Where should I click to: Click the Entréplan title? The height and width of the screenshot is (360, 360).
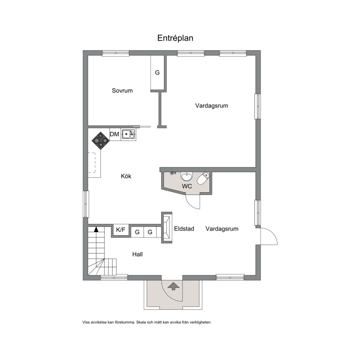click(x=175, y=38)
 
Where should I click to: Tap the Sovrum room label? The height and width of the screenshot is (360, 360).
click(x=122, y=90)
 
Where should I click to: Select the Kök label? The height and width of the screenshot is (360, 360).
click(x=126, y=176)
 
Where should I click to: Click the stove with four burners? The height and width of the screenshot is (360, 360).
click(x=101, y=140)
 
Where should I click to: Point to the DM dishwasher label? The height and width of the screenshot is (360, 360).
click(x=115, y=134)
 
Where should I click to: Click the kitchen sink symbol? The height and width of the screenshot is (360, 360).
click(x=128, y=134)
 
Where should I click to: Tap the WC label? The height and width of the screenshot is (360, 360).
click(x=187, y=186)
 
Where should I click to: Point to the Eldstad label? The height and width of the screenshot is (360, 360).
click(x=184, y=229)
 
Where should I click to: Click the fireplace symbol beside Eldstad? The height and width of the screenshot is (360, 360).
click(x=167, y=227)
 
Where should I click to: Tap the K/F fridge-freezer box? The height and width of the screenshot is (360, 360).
click(x=121, y=230)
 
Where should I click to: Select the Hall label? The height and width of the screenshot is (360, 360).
click(x=137, y=254)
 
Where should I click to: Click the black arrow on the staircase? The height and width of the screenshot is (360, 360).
click(x=96, y=229)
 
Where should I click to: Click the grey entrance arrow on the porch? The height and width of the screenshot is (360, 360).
click(x=173, y=286)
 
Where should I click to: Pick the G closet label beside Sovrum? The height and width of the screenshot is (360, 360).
click(x=157, y=73)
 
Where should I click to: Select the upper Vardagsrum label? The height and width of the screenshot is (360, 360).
click(x=212, y=106)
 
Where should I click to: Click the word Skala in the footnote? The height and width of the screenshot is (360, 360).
click(x=141, y=322)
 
